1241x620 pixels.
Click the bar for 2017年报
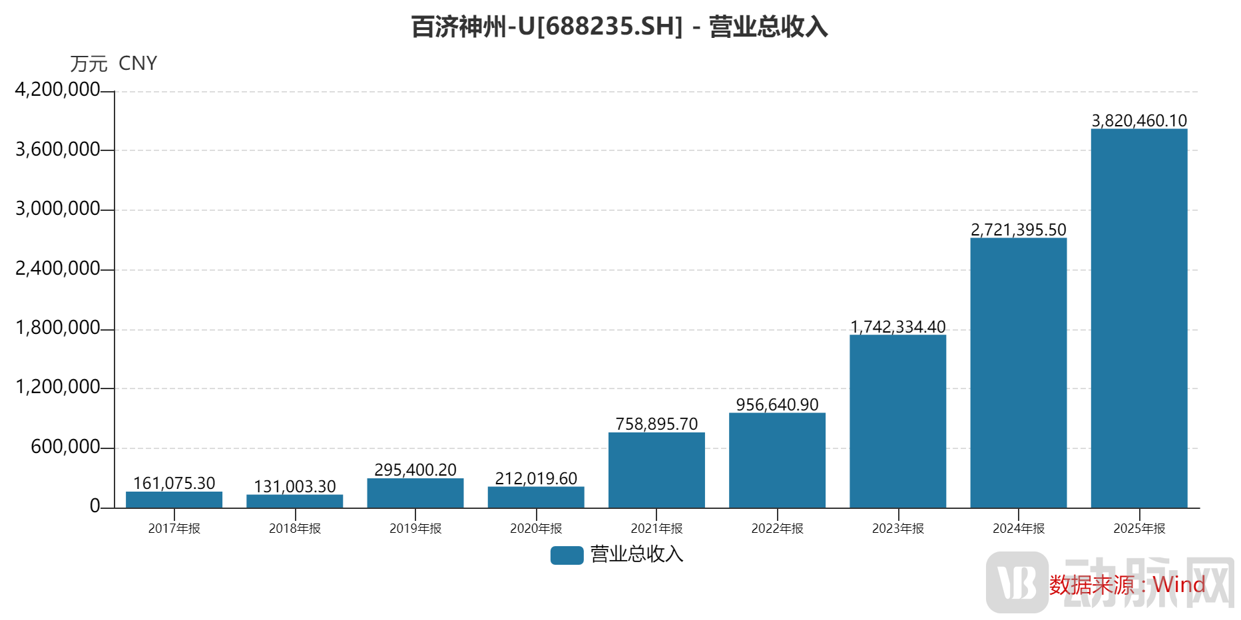pyautogui.click(x=174, y=500)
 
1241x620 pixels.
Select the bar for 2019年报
pyautogui.click(x=415, y=493)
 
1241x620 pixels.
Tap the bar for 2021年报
pyautogui.click(x=656, y=470)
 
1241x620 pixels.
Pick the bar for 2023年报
pyautogui.click(x=897, y=421)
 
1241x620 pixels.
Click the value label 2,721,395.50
pyautogui.click(x=1018, y=230)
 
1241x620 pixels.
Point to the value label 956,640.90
pyautogui.click(x=777, y=404)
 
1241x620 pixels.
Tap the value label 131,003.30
pyautogui.click(x=294, y=486)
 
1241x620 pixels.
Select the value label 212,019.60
pyautogui.click(x=536, y=478)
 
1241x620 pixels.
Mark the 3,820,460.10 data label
pyautogui.click(x=1138, y=120)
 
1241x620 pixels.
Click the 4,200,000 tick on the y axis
pyautogui.click(x=57, y=90)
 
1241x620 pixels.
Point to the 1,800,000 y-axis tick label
pyautogui.click(x=57, y=328)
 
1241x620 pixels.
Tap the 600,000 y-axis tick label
pyautogui.click(x=65, y=446)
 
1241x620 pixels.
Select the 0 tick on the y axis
pyautogui.click(x=95, y=506)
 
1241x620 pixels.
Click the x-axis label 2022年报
pyautogui.click(x=777, y=528)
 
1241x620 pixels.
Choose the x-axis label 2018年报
pyautogui.click(x=294, y=528)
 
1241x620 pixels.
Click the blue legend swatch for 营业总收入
pyautogui.click(x=567, y=555)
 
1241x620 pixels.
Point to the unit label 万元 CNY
pyautogui.click(x=114, y=63)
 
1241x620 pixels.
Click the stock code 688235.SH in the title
pyautogui.click(x=609, y=27)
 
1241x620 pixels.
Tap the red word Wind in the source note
pyautogui.click(x=1178, y=585)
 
